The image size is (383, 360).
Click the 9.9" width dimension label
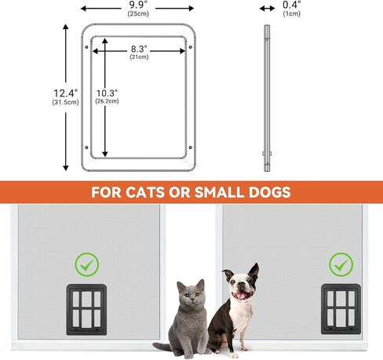(138, 4)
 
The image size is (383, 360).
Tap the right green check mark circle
(340, 263)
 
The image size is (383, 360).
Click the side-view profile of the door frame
(266, 98)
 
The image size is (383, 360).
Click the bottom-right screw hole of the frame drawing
(191, 147)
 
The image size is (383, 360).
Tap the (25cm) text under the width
(138, 13)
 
